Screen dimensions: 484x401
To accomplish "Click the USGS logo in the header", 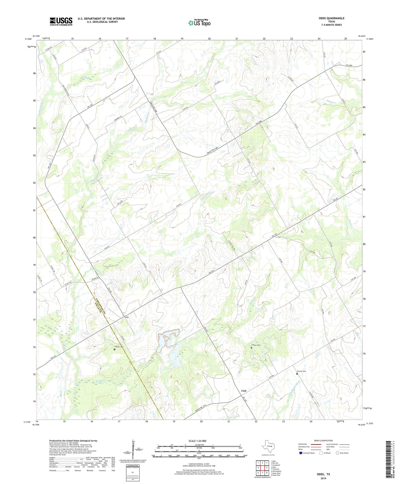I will coord(61,21).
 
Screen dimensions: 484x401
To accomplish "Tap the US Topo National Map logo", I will coord(199,22).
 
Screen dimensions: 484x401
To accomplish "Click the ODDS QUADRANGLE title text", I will coord(331,18).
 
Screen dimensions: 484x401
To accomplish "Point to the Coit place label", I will coord(244,391).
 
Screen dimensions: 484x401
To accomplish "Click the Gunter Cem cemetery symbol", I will coord(297,374).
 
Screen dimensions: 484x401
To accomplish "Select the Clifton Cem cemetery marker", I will coord(251,348).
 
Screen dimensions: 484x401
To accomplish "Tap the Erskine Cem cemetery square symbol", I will coord(114,349).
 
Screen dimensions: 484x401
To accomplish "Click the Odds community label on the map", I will coord(127,317).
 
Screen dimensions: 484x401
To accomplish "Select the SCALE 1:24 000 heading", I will coord(197,441).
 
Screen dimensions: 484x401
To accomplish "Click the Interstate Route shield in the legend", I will coord(301,453).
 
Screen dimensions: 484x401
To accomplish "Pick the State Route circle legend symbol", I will coord(337,453).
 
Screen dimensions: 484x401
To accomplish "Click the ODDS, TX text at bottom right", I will coord(323,474).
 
